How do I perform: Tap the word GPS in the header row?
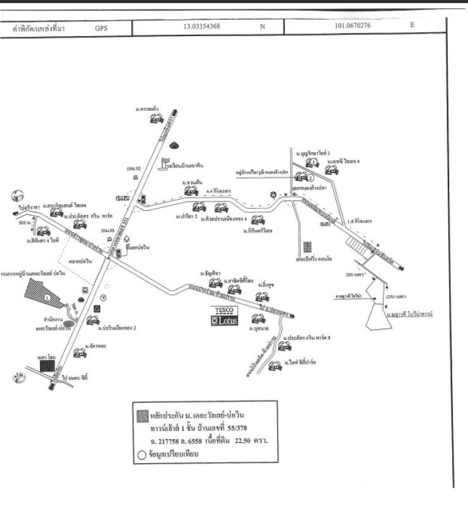pos(101,28)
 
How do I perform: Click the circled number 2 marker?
pos(310,195)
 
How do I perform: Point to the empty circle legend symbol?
pos(142,454)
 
